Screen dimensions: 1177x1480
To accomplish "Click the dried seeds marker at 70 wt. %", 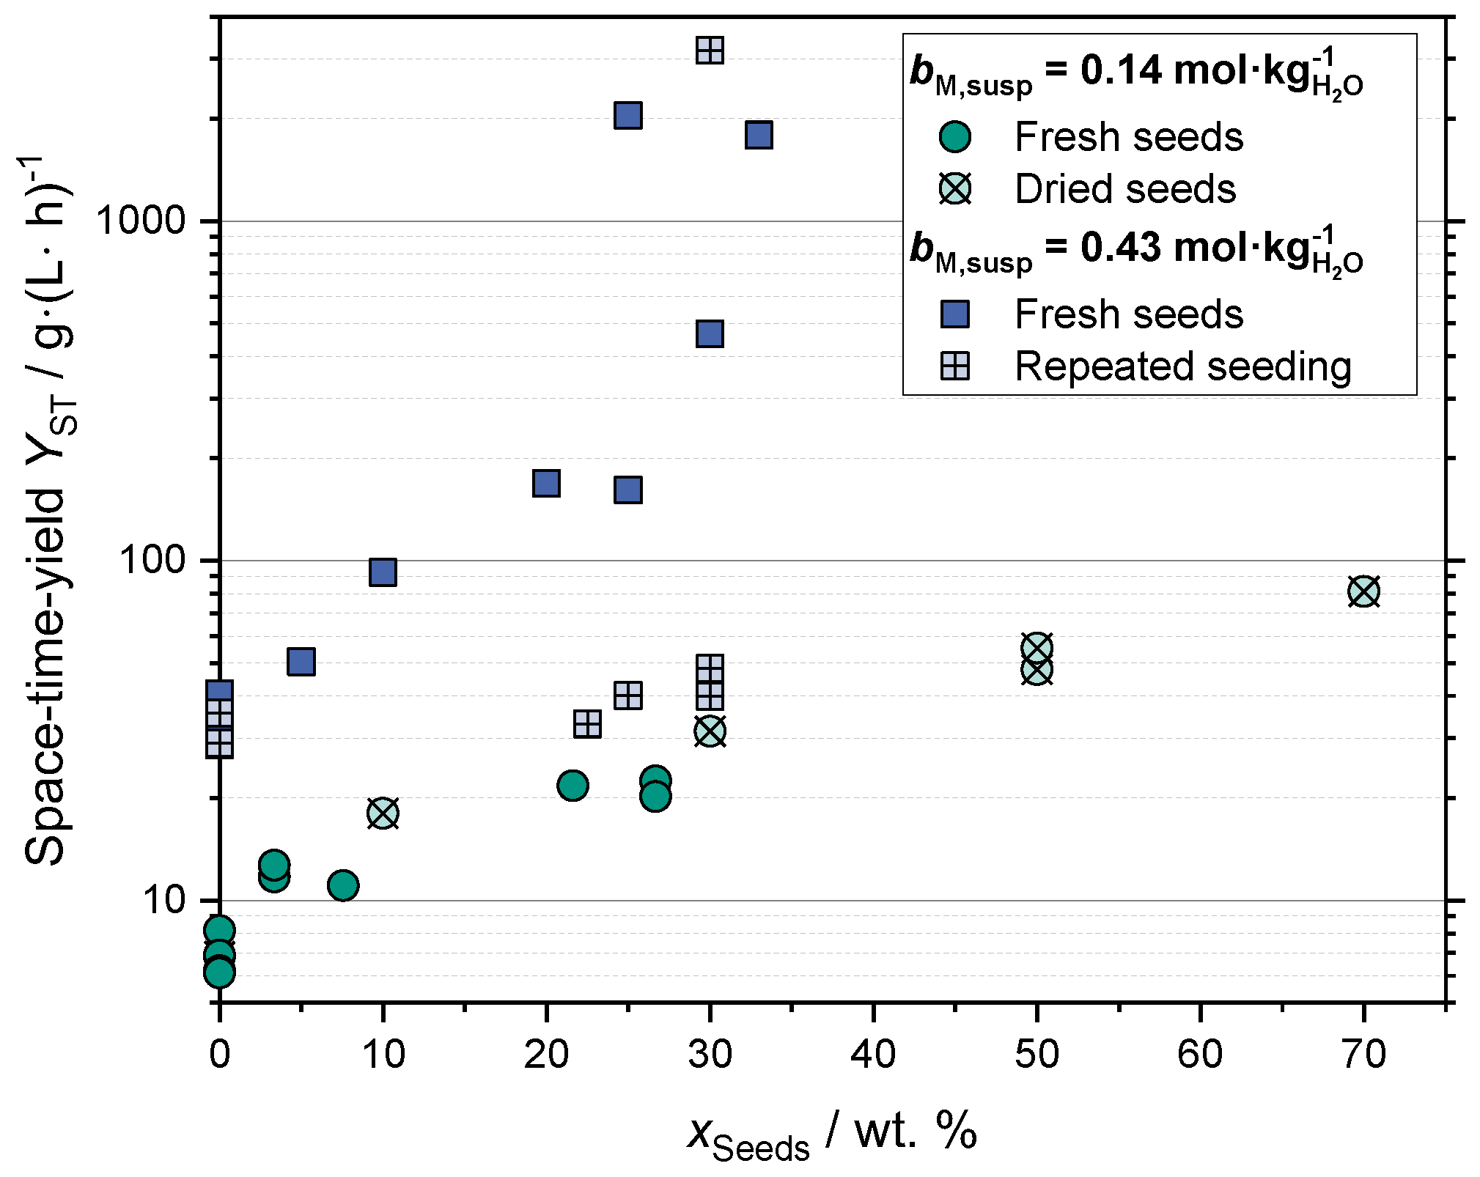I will (x=1363, y=591).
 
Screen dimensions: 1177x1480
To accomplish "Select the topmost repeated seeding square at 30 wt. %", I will (x=710, y=51).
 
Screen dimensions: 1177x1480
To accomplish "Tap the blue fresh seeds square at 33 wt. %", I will (x=759, y=135).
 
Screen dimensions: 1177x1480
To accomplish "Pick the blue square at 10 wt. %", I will (x=383, y=572).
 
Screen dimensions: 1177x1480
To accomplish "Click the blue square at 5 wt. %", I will (x=301, y=661).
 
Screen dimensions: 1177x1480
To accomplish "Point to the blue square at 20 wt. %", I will (x=546, y=483).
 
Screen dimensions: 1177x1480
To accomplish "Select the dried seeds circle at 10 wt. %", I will (x=383, y=813).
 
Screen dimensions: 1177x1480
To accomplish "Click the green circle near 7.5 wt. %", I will (x=343, y=885).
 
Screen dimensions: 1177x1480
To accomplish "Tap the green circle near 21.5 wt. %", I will (x=573, y=785).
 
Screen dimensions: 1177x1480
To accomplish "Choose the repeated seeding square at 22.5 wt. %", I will (x=587, y=724).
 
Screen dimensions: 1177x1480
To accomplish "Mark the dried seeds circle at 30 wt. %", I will (x=710, y=731).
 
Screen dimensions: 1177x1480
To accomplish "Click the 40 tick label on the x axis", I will (x=873, y=1055).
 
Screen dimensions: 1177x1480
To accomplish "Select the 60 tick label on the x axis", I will (x=1200, y=1055).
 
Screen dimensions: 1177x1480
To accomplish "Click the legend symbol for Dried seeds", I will (x=955, y=189).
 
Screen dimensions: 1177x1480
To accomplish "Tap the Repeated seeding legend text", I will (x=1182, y=366).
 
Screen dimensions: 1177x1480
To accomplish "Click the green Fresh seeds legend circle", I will (x=955, y=136).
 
